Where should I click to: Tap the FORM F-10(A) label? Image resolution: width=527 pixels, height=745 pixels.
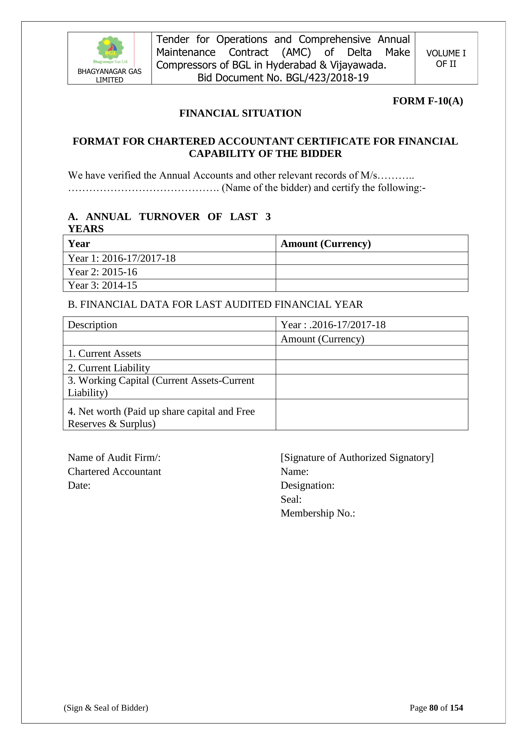point(428,101)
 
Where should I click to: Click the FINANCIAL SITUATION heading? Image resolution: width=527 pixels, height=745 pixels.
point(240,113)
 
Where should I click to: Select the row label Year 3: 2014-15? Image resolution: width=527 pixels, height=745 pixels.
point(103,285)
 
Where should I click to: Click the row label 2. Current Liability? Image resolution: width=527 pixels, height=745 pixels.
point(109,368)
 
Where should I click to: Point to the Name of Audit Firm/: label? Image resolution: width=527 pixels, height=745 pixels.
point(114,457)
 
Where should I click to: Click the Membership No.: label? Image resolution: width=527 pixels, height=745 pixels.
point(318,513)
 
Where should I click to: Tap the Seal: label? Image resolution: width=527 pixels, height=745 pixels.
point(291,499)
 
